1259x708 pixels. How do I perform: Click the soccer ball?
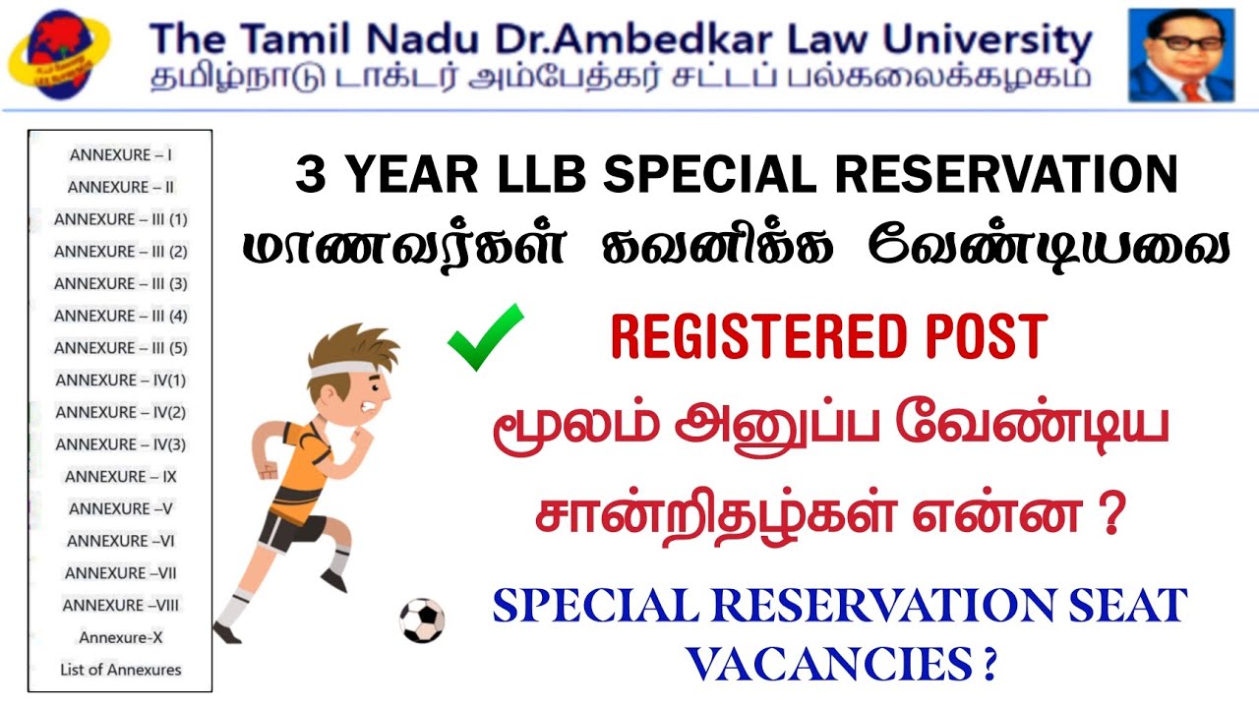coord(422,620)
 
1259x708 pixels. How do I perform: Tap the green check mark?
coord(485,336)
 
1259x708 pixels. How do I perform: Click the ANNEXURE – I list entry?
coord(121,154)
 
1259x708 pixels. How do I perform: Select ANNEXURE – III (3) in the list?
coord(121,283)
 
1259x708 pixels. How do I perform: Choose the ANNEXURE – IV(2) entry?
coord(121,412)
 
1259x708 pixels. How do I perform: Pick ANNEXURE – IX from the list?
coord(121,476)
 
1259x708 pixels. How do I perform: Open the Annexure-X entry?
coord(121,637)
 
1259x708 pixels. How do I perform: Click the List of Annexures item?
coord(121,670)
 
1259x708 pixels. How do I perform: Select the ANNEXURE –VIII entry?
coord(121,605)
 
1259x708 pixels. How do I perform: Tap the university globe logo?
coord(59,54)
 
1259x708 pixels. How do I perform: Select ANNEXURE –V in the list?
coord(121,508)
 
